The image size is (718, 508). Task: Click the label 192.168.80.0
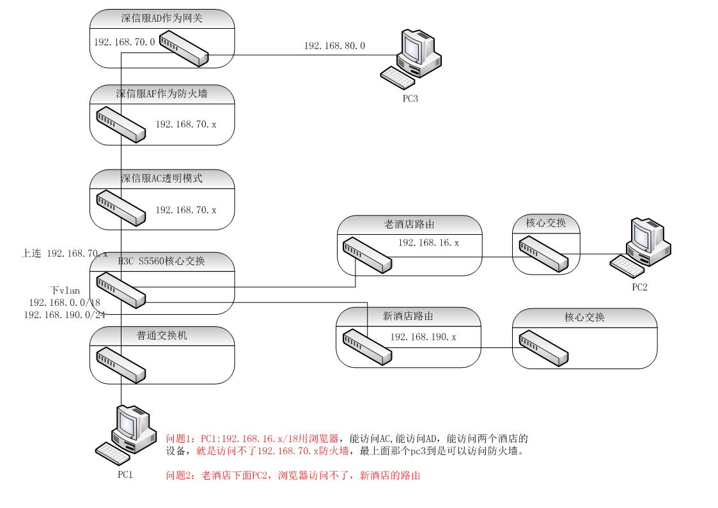tap(334, 46)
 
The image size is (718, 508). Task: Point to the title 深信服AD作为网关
tap(161, 18)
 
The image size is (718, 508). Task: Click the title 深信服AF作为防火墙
tap(161, 94)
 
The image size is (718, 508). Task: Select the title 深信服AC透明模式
tap(161, 179)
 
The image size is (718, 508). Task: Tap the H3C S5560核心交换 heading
tap(161, 260)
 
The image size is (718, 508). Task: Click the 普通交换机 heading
tap(161, 335)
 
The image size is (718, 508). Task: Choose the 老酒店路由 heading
tap(409, 225)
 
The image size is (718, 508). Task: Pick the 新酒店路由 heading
tap(409, 316)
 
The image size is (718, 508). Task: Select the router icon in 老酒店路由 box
tap(366, 255)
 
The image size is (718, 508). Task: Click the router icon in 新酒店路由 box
tap(366, 346)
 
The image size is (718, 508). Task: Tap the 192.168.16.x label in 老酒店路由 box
tap(428, 243)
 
